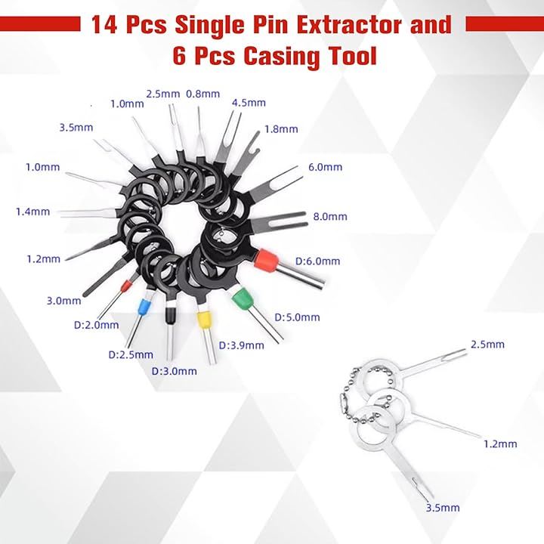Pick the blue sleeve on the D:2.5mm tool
(x=144, y=307)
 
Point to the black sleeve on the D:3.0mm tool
(x=170, y=315)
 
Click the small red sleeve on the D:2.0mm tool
(x=126, y=287)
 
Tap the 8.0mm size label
(x=330, y=217)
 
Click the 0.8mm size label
(x=203, y=94)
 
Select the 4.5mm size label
(x=249, y=103)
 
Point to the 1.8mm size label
(x=281, y=129)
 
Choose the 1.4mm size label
(x=33, y=212)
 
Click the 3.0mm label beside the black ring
(x=63, y=301)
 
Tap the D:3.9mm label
(x=242, y=345)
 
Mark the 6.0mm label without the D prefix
(x=325, y=167)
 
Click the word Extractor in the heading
(x=350, y=25)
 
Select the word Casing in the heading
(x=281, y=56)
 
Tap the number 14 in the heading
(x=104, y=25)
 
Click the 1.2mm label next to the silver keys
(x=500, y=444)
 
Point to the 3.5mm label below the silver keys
(x=443, y=508)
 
